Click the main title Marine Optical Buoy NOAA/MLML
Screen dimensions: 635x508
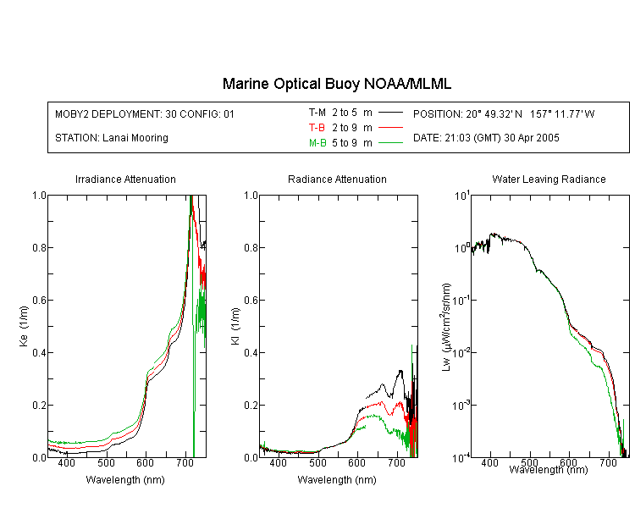336,84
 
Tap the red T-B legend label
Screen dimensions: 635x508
317,128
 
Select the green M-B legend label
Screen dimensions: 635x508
317,143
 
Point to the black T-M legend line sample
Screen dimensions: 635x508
390,113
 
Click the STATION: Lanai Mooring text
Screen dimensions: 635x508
112,138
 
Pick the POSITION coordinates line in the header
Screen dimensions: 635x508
504,114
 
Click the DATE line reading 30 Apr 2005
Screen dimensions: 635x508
486,138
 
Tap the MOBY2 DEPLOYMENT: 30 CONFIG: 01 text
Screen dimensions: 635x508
145,114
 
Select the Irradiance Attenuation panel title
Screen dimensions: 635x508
125,179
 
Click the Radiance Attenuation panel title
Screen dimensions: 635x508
337,179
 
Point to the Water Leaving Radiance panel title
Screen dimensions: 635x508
549,179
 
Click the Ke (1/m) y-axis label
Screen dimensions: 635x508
24,327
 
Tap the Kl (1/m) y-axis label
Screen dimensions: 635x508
235,327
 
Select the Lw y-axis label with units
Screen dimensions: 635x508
446,327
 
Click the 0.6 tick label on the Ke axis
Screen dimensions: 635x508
39,301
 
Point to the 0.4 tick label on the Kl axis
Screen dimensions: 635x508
251,353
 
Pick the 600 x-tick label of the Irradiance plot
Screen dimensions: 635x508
145,463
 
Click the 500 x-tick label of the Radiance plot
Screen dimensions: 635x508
317,463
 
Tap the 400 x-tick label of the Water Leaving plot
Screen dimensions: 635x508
490,463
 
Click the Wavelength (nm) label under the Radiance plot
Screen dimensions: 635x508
337,480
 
